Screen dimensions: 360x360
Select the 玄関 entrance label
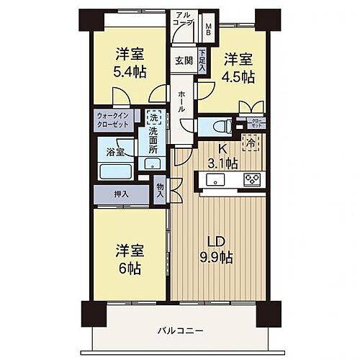click(181, 62)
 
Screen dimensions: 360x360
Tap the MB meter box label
click(209, 30)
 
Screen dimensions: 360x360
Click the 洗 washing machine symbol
click(153, 116)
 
